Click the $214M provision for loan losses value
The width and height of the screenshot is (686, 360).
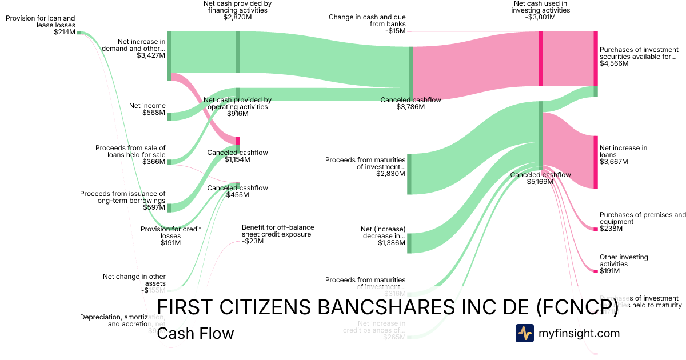pos(64,33)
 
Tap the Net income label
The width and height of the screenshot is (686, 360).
pos(147,106)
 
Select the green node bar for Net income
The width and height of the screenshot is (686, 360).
pos(169,117)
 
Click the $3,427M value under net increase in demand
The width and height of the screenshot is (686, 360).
pos(151,55)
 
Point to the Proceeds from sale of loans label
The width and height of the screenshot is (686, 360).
pos(130,151)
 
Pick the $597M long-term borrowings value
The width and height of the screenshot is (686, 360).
pos(154,207)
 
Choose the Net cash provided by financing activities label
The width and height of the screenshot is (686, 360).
pos(237,7)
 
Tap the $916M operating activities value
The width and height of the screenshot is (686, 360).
pos(237,114)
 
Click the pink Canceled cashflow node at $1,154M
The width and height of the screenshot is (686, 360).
pos(238,141)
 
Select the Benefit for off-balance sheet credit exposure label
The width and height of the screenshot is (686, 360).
pos(277,231)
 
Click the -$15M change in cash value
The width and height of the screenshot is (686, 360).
pos(395,31)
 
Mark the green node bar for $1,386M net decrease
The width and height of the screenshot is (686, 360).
pos(409,243)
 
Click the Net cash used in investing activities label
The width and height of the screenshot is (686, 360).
pos(541,7)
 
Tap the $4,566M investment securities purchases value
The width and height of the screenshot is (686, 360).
pos(614,63)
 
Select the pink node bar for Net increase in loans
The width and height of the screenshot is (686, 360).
pos(596,162)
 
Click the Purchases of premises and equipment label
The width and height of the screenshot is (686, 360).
pos(642,218)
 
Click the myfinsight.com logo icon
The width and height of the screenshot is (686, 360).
pos(524,333)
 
